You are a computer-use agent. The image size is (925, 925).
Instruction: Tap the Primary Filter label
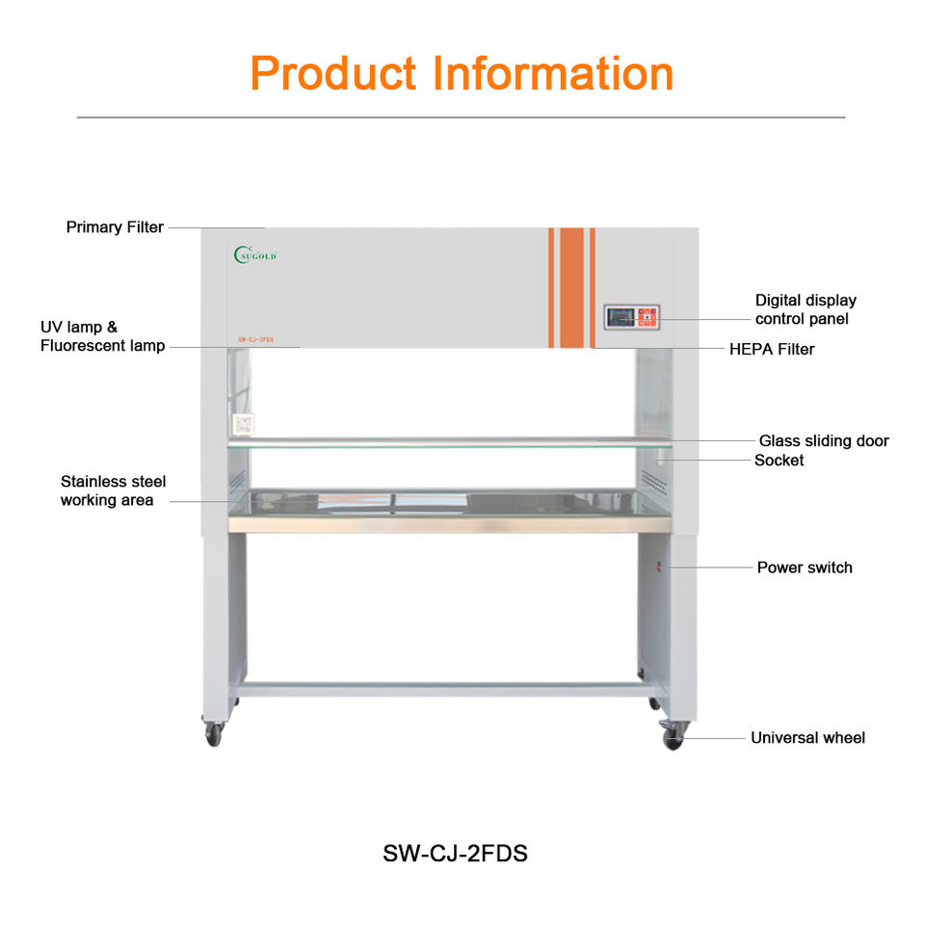(115, 227)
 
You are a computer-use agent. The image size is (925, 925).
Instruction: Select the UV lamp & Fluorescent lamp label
(102, 336)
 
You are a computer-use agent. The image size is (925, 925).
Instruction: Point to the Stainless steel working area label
(113, 490)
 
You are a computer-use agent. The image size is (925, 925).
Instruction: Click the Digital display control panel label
(805, 309)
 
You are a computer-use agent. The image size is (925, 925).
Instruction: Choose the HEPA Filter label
(771, 349)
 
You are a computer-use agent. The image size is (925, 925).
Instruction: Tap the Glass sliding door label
(823, 440)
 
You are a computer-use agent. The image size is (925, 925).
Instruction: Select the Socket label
(779, 461)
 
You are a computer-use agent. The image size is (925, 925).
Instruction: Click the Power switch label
(804, 568)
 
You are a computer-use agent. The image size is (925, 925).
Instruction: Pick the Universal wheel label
(807, 738)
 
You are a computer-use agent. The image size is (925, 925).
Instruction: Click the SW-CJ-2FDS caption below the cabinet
(456, 854)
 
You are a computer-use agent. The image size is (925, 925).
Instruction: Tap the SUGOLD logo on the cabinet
(255, 254)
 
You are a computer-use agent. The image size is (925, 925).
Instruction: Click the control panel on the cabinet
(632, 316)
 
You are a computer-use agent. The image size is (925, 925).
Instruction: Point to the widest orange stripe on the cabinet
(571, 287)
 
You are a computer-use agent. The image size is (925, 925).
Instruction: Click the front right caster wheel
(673, 739)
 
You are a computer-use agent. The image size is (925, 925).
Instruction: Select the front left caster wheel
(214, 734)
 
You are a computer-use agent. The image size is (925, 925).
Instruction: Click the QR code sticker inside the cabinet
(242, 425)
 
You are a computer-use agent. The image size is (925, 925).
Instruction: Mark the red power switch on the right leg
(660, 567)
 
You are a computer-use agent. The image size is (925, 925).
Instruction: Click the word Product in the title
(332, 73)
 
